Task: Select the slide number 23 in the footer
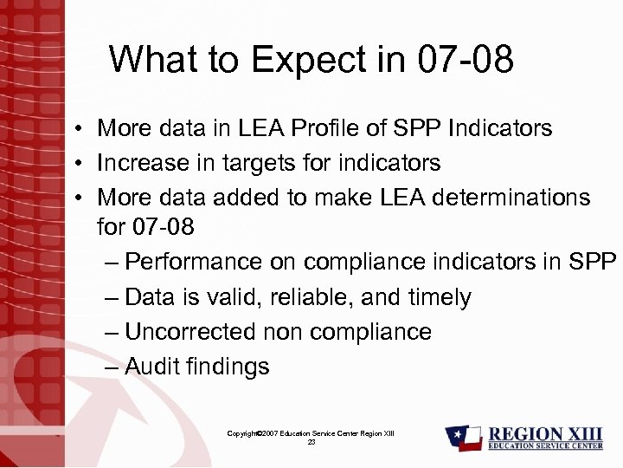click(311, 442)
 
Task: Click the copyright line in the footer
click(311, 432)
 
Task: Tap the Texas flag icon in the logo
click(464, 438)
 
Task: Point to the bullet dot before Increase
click(78, 163)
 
